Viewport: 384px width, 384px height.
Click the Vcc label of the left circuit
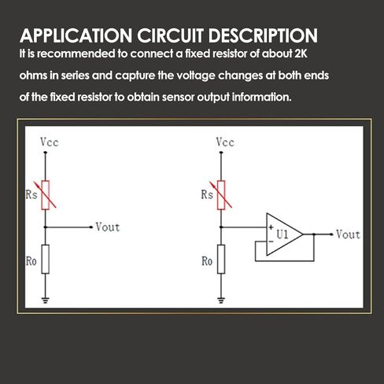[x=50, y=142]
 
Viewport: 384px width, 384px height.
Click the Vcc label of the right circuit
[x=225, y=142]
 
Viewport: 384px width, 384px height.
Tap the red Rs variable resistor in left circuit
[x=46, y=195]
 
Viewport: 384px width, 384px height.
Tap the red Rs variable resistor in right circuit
[x=221, y=195]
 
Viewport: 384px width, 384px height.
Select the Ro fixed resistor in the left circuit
[x=46, y=259]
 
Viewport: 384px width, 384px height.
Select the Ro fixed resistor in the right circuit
[x=221, y=259]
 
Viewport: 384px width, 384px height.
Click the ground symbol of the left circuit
[x=46, y=300]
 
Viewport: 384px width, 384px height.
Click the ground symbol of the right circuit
[x=221, y=300]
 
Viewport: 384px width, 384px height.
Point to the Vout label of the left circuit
[x=108, y=227]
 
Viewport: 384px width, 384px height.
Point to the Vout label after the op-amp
[x=348, y=234]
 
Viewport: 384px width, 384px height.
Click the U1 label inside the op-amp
[x=282, y=234]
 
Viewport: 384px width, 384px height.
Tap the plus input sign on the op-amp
[x=271, y=227]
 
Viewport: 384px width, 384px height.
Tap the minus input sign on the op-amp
[x=271, y=242]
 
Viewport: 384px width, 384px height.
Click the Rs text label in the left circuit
[x=31, y=195]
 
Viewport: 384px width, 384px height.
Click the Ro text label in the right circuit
[x=207, y=261]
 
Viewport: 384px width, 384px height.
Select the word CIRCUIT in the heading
[x=170, y=35]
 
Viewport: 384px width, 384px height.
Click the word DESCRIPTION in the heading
[x=263, y=35]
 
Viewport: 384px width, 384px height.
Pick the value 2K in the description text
[x=301, y=54]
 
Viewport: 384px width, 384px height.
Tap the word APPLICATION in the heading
[x=76, y=35]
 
